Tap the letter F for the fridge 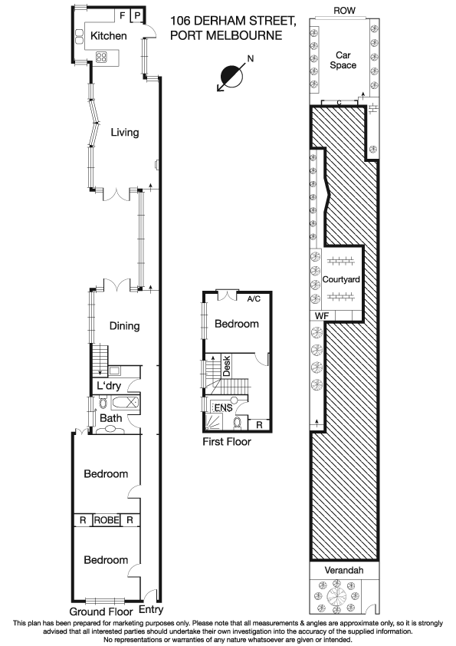(121, 15)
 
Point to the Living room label (124, 132)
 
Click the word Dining (123, 325)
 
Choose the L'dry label (109, 385)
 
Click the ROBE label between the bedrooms (107, 520)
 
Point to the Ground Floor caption (97, 611)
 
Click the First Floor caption (226, 442)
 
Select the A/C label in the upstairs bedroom (254, 298)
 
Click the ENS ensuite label (222, 407)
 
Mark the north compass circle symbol (230, 77)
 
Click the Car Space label (343, 60)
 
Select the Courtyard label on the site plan (343, 279)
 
